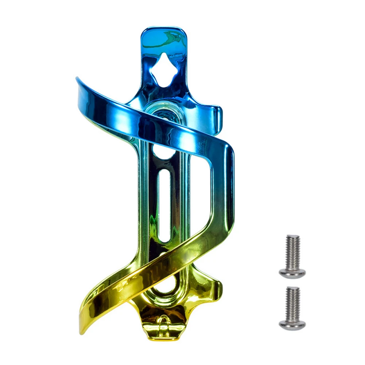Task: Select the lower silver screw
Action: (x=292, y=308)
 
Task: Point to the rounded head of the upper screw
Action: (x=292, y=272)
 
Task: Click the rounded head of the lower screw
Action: (x=292, y=324)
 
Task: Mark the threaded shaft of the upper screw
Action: (x=292, y=252)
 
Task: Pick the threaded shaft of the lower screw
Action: (x=292, y=303)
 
